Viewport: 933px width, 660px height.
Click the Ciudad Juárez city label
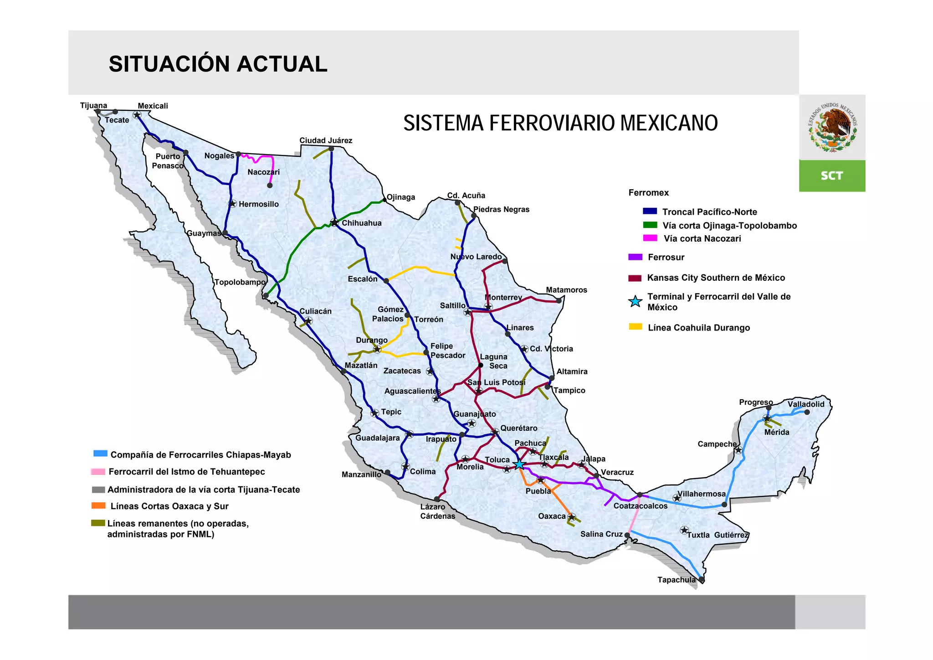click(326, 140)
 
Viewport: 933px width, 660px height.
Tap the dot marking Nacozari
click(270, 186)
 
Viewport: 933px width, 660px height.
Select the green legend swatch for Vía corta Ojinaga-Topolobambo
click(650, 225)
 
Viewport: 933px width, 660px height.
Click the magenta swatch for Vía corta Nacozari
click(650, 238)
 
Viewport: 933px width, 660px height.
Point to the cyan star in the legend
click(635, 301)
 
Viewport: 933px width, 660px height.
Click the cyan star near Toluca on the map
click(519, 464)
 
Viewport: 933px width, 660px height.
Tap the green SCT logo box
click(832, 175)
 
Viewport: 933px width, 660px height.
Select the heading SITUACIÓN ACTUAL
click(218, 64)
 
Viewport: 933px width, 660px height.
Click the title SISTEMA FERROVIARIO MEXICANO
click(560, 123)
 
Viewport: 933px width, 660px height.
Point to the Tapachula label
click(677, 580)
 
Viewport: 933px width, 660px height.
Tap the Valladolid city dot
click(807, 412)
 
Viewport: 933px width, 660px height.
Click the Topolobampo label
click(240, 282)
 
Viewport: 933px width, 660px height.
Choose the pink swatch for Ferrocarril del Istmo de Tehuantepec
click(98, 472)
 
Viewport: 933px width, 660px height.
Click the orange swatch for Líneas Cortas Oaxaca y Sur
click(98, 505)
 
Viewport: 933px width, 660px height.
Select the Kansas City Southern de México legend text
click(716, 278)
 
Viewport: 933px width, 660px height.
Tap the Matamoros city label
click(566, 290)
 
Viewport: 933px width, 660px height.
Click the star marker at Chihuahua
click(334, 222)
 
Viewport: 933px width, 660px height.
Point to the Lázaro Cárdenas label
click(437, 511)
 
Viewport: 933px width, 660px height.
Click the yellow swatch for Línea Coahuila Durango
click(635, 327)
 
